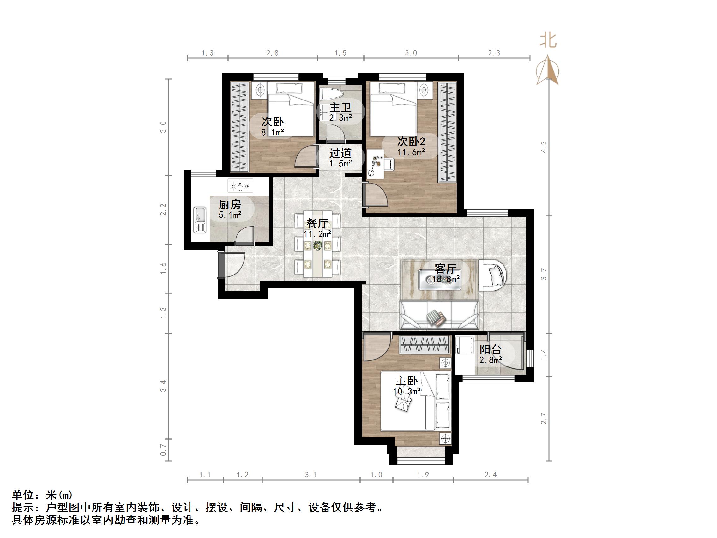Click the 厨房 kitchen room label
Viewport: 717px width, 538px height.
point(230,205)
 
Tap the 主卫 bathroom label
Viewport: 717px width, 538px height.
point(340,107)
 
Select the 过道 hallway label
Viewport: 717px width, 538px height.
point(340,153)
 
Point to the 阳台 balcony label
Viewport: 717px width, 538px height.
point(491,350)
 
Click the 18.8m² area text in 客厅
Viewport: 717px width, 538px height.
point(446,280)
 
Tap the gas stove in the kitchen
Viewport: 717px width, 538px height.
point(240,186)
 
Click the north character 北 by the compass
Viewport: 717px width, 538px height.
point(547,41)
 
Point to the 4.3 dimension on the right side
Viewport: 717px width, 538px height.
point(544,147)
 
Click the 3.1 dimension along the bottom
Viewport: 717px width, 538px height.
point(310,475)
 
